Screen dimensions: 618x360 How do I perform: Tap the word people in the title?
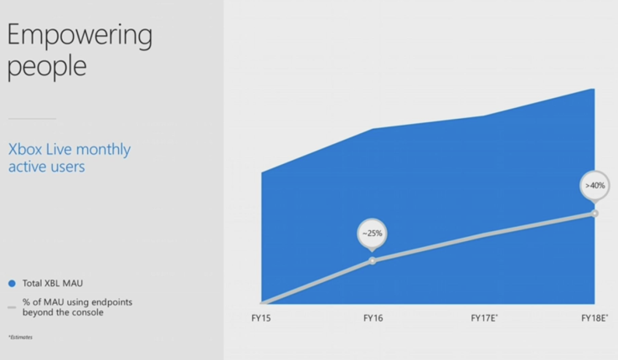click(x=47, y=67)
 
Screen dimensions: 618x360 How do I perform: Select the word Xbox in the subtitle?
click(x=26, y=149)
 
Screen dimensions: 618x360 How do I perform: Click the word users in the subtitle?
click(x=68, y=167)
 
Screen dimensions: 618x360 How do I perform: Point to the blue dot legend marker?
click(x=12, y=283)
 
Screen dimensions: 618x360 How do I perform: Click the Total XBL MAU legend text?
click(x=53, y=283)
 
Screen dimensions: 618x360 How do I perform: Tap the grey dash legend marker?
click(x=12, y=307)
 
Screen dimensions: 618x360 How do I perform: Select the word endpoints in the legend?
click(x=112, y=302)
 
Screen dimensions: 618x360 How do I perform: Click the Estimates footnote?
click(x=20, y=337)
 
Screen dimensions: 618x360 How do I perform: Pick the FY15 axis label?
click(x=261, y=318)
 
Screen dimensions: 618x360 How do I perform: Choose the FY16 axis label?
click(x=373, y=318)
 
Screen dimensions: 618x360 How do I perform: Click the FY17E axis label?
click(x=484, y=318)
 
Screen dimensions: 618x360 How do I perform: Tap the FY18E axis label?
click(x=595, y=318)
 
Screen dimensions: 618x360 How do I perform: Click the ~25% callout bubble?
click(x=372, y=234)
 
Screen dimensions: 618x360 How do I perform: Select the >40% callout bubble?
click(x=595, y=187)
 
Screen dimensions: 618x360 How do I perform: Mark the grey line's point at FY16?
click(x=373, y=260)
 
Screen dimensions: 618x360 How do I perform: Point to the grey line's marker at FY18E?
click(x=595, y=213)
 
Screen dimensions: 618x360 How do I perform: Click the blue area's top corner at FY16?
click(x=373, y=129)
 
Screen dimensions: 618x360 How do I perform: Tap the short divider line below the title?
click(x=32, y=118)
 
